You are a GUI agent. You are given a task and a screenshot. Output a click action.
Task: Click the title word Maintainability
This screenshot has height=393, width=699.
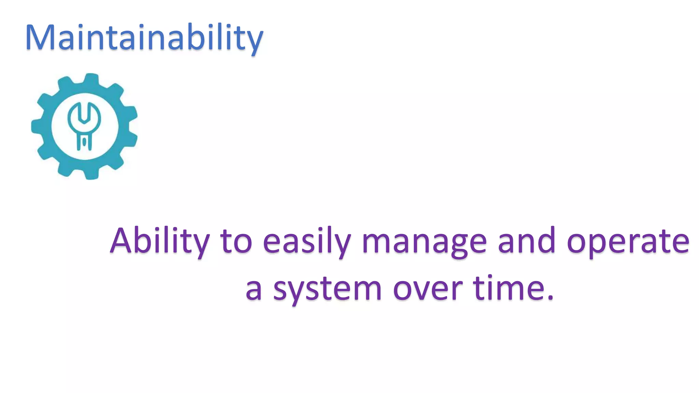click(144, 38)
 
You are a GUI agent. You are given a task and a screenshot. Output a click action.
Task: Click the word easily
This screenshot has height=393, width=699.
click(306, 242)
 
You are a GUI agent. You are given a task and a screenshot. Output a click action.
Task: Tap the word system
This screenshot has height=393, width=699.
click(327, 290)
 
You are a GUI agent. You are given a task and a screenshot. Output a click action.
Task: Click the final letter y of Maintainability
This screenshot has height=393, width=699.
click(255, 41)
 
